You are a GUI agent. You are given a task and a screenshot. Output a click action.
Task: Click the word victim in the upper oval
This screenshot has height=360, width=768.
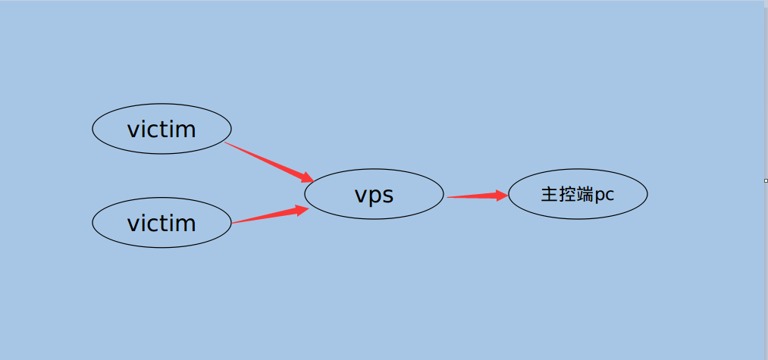(161, 130)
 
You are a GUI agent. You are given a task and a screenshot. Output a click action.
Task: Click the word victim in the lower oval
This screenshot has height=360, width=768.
(161, 224)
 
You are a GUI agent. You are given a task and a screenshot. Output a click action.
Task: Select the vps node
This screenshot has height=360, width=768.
(374, 195)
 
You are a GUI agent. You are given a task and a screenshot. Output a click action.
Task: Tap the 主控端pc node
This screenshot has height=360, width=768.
(578, 195)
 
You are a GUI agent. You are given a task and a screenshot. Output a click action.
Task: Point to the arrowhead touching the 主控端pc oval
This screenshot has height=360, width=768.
(501, 195)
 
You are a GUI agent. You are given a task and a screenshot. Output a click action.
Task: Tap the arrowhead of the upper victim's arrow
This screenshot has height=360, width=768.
(306, 178)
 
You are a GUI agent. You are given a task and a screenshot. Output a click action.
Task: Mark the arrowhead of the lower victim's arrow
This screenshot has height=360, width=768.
(302, 209)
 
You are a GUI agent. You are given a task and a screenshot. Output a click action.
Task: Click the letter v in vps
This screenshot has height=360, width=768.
(361, 196)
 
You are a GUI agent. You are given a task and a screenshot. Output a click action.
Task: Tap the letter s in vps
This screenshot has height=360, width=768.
(387, 196)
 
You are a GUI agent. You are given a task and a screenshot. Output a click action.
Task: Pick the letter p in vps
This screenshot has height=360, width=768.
(375, 198)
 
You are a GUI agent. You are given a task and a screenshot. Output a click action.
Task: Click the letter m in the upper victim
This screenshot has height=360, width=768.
(187, 131)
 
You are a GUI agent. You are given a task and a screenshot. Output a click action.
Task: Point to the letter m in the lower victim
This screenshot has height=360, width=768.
(187, 225)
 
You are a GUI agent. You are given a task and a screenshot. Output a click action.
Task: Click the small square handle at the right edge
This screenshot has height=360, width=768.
(766, 180)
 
